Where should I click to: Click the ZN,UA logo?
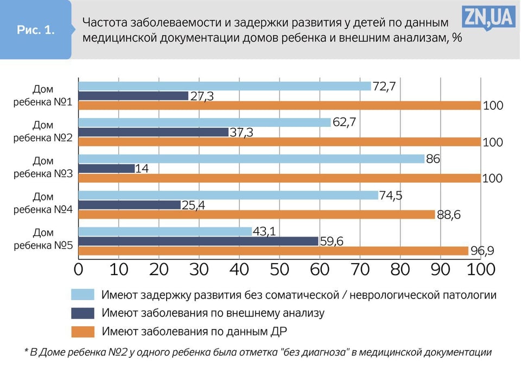tap(488, 18)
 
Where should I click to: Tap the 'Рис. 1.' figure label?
tap(35, 30)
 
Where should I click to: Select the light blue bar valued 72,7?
tap(225, 86)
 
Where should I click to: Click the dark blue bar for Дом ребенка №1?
tap(134, 96)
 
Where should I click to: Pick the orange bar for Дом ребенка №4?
tap(257, 215)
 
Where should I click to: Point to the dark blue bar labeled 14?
tap(107, 169)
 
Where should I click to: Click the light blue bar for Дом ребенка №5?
tap(166, 232)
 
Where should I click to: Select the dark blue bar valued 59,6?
tap(199, 241)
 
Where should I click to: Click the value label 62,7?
tap(344, 122)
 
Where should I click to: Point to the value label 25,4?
tap(194, 205)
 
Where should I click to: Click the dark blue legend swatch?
tap(82, 313)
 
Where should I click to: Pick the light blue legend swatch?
tap(82, 295)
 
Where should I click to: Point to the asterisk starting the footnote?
tap(27, 352)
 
